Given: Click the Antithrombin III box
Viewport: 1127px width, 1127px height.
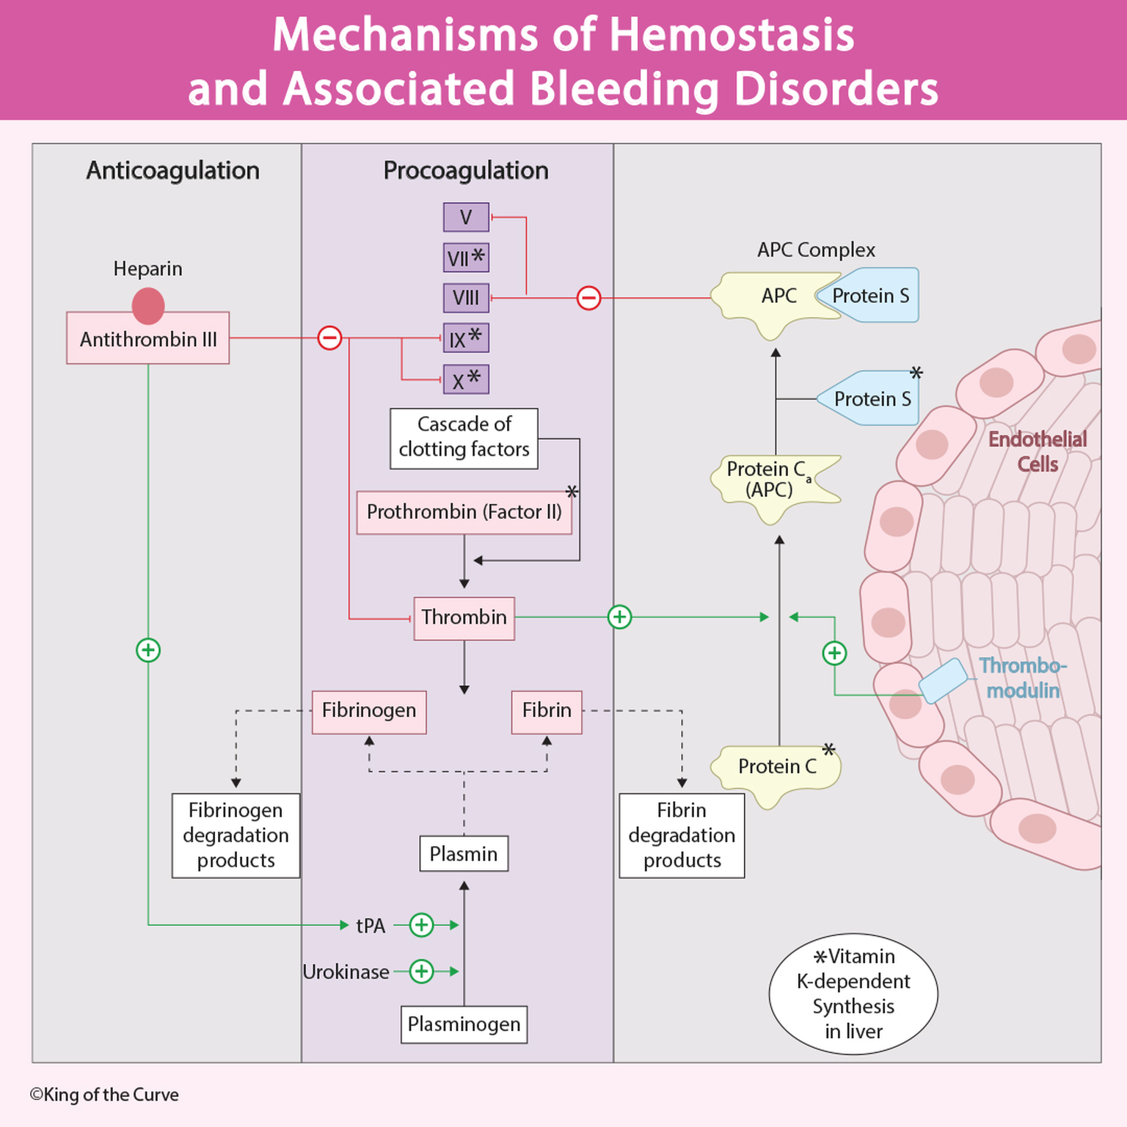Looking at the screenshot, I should pos(147,338).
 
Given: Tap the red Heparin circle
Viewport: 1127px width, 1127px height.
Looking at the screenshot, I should pos(148,305).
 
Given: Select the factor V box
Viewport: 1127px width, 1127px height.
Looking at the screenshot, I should pos(466,217).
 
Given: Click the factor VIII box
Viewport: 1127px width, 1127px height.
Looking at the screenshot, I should pos(466,298).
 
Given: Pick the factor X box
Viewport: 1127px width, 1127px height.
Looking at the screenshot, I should pos(466,380).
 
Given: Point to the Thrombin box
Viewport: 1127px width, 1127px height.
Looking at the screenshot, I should pos(464,618).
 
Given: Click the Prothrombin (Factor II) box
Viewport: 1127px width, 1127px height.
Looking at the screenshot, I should pos(464,512).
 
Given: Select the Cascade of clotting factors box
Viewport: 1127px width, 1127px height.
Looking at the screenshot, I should pos(464,438).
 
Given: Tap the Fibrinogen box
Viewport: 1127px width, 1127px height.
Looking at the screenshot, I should pos(369,711).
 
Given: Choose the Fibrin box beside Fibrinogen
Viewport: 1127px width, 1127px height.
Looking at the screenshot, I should pos(547,711).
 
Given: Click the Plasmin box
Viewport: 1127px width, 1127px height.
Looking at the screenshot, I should pos(464,854).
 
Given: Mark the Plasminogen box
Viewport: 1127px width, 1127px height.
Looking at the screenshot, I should pos(464,1024).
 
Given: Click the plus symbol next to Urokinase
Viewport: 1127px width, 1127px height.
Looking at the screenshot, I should pos(421,971).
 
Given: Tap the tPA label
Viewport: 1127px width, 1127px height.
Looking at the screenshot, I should pos(371,926).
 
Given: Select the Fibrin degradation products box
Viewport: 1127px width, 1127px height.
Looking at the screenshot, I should pos(682,835).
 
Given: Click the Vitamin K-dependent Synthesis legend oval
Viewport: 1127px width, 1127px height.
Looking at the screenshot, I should pos(853,994).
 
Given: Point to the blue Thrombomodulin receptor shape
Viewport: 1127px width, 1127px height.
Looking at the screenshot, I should pos(944,680).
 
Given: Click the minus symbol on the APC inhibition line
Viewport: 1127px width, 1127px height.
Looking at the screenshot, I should pos(588,298).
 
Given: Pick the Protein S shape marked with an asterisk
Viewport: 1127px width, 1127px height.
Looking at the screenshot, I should pos(869,398).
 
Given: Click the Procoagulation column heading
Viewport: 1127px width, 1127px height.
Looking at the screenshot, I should pos(466,170).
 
